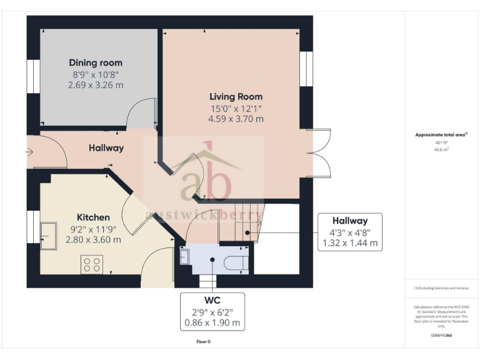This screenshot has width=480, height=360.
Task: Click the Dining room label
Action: [x=96, y=62]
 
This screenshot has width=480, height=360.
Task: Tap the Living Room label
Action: [x=236, y=97]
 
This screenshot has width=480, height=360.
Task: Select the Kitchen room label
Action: [x=93, y=217]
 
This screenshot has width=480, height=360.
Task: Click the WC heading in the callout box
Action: [x=212, y=301]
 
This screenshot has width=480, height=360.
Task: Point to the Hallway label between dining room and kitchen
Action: [x=106, y=148]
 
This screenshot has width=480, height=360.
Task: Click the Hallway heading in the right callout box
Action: [x=349, y=221]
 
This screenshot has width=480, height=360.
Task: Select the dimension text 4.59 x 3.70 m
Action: [x=236, y=119]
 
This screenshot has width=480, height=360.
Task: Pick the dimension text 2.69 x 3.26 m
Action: [x=96, y=85]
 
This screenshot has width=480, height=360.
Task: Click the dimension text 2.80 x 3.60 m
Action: [x=95, y=239]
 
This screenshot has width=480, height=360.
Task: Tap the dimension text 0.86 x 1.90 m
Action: [x=212, y=323]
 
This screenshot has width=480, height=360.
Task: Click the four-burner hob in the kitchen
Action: [x=92, y=264]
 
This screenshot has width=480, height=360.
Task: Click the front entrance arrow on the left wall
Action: [x=29, y=151]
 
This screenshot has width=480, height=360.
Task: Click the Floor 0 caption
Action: [x=204, y=342]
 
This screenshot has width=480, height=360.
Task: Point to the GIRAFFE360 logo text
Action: [x=441, y=336]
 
